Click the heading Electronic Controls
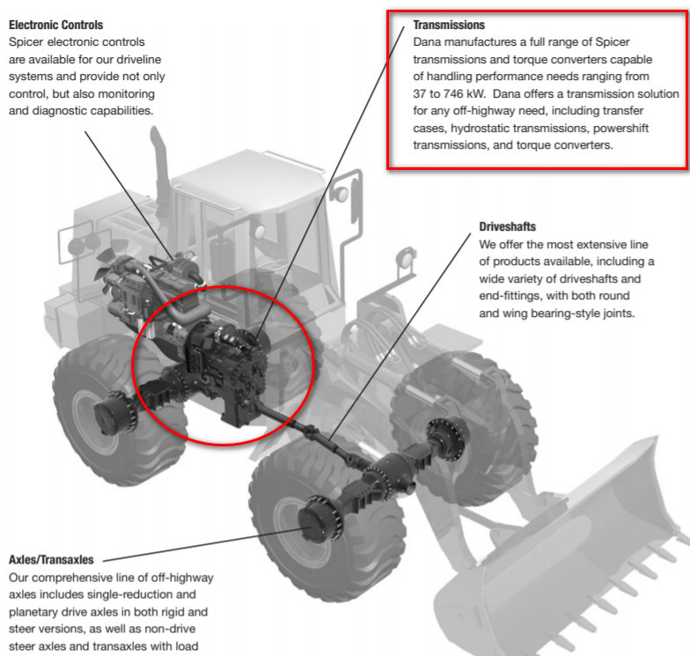coord(55,25)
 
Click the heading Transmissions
coord(449,25)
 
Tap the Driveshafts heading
coord(507,226)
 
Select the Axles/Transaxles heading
coord(51,559)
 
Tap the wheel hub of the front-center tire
coord(313,520)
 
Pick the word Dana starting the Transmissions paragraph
coord(429,42)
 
